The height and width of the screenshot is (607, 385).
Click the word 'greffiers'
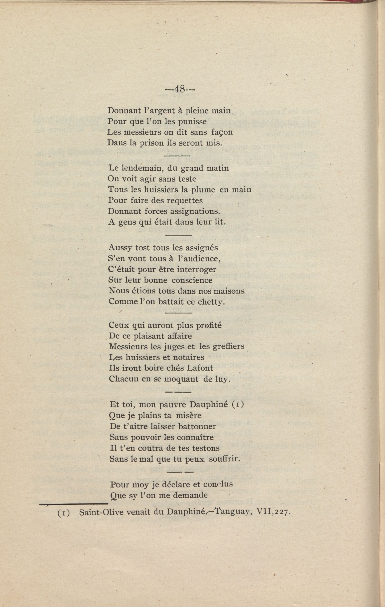229,347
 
